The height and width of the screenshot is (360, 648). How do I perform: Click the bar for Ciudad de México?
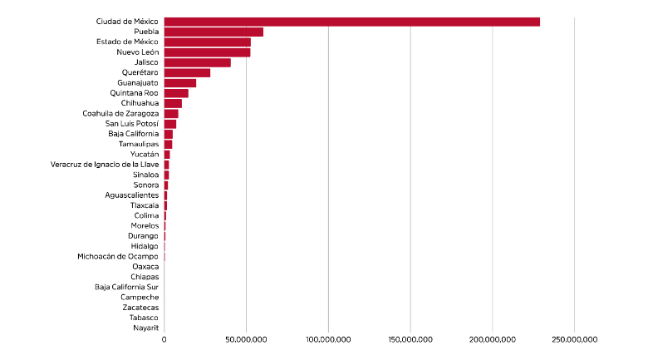click(x=351, y=22)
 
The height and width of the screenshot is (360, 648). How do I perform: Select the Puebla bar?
click(x=214, y=32)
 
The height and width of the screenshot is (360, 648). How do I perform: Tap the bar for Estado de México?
click(x=207, y=42)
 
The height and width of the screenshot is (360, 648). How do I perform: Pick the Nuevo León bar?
click(x=207, y=52)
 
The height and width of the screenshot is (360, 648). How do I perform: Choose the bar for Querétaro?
click(x=187, y=72)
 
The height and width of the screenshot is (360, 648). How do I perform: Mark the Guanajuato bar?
click(x=180, y=83)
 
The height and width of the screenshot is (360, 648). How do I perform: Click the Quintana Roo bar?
click(x=176, y=93)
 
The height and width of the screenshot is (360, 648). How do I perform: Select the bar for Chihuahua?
click(x=173, y=103)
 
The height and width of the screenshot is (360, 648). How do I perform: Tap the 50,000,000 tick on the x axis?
click(x=246, y=339)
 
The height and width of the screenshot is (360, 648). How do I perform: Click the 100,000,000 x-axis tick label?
click(x=328, y=339)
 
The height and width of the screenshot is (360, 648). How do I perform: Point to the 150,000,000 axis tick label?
click(x=410, y=339)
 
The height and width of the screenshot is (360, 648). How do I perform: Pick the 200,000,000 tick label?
click(x=493, y=339)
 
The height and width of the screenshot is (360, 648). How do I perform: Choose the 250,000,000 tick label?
click(x=574, y=339)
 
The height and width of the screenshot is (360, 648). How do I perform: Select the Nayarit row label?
click(x=145, y=328)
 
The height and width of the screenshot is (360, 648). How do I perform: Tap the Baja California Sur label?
click(x=126, y=287)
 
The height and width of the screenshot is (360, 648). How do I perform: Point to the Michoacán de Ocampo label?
click(x=117, y=256)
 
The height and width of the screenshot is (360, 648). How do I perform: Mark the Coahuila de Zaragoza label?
click(x=120, y=113)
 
